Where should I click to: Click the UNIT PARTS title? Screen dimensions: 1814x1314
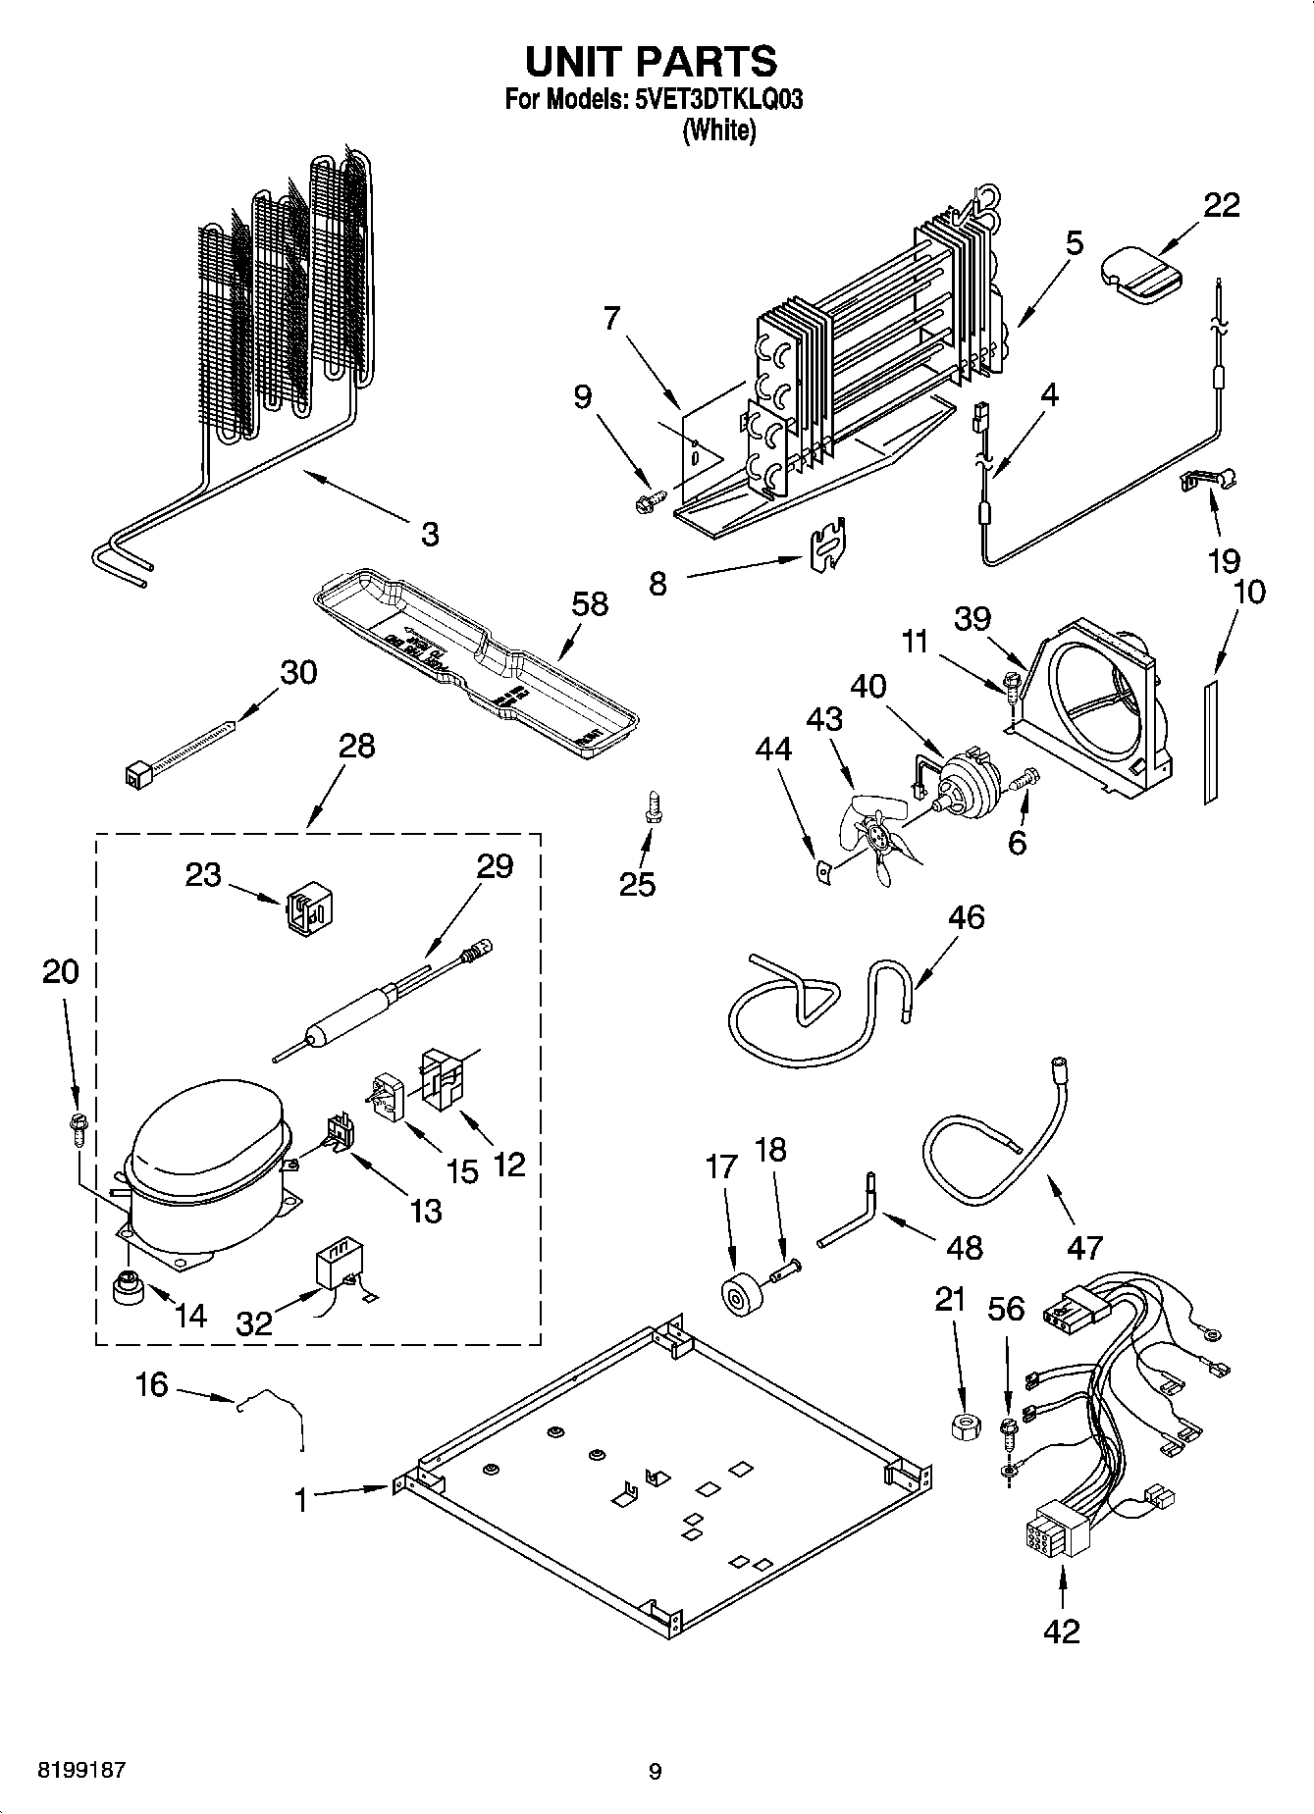tap(651, 61)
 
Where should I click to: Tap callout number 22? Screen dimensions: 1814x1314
tap(1222, 205)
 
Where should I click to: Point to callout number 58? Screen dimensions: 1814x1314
tap(590, 603)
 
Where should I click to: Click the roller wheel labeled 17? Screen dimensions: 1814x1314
tap(734, 1295)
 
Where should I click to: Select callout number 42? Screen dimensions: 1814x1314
tap(1062, 1631)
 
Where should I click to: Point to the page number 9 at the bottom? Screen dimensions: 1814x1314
tap(656, 1772)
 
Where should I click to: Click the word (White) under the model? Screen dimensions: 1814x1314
tap(718, 130)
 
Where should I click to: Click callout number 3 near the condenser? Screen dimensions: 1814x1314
tap(430, 535)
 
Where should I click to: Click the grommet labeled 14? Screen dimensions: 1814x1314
tap(128, 1288)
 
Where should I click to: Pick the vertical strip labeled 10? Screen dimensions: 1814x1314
tap(1210, 743)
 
